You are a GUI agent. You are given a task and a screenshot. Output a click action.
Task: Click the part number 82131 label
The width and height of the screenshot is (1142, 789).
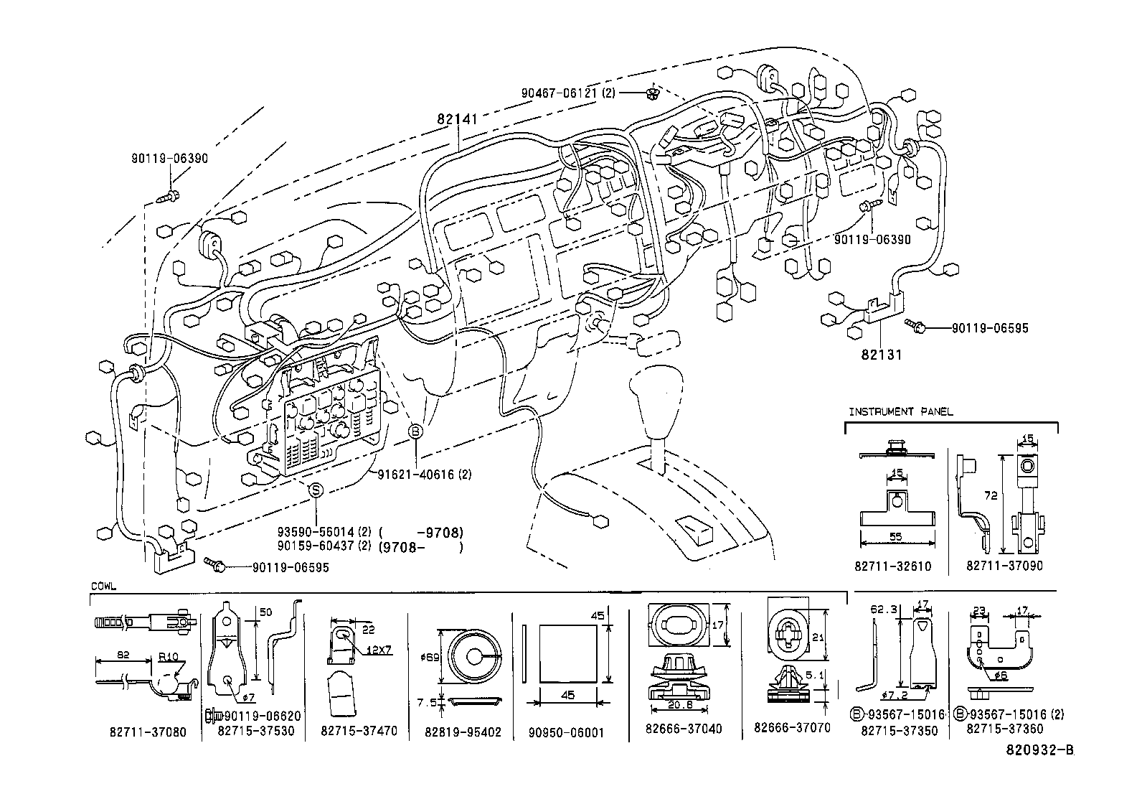(x=882, y=355)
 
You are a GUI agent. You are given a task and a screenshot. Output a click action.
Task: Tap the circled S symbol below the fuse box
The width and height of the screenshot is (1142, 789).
(x=316, y=490)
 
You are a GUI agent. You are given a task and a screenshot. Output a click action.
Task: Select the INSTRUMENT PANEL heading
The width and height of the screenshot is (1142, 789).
(x=901, y=412)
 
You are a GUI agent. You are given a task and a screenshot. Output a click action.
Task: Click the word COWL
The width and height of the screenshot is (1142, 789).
(x=104, y=587)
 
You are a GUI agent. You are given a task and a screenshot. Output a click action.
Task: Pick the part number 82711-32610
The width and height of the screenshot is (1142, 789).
(x=892, y=566)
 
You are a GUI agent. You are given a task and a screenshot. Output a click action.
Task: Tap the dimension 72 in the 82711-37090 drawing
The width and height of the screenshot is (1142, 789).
(x=993, y=495)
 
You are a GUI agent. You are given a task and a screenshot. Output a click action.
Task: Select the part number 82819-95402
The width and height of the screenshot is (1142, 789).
(x=463, y=732)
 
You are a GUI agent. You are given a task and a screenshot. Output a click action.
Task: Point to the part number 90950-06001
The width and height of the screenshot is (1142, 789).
(x=566, y=733)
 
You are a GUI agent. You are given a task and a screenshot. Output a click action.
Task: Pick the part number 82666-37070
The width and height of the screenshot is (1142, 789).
(x=792, y=727)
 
